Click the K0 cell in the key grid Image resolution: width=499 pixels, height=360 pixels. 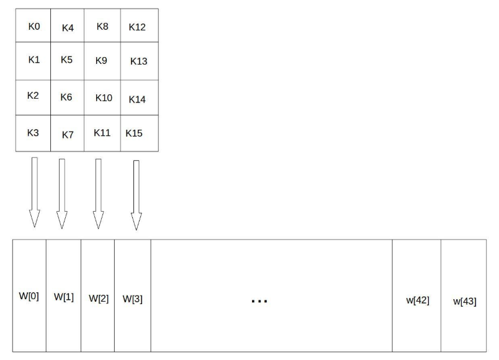(x=33, y=25)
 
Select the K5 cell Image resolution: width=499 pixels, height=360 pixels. (x=67, y=61)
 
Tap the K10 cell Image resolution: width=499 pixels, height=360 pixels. (x=102, y=97)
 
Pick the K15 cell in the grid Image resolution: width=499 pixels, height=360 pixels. (x=140, y=133)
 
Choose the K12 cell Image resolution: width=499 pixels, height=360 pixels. (x=140, y=25)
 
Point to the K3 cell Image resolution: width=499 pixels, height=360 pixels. (x=33, y=133)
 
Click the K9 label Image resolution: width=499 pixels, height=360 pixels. (x=101, y=60)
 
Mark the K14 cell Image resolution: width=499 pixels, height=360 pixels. (x=140, y=97)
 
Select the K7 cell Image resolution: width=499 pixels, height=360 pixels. (x=67, y=133)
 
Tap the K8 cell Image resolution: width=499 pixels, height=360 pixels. (x=102, y=25)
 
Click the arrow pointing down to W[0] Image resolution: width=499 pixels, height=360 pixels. (x=35, y=192)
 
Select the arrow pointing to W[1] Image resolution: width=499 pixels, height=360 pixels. (x=62, y=194)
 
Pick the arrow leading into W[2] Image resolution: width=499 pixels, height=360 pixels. (x=98, y=194)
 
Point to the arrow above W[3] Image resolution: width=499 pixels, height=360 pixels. (x=136, y=195)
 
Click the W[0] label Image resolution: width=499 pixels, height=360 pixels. (x=29, y=296)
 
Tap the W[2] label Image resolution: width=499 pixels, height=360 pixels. (x=99, y=299)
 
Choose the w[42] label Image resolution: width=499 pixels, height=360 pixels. (x=418, y=300)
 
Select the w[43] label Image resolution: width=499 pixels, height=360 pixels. (x=465, y=301)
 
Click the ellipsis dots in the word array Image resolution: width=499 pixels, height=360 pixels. (x=259, y=301)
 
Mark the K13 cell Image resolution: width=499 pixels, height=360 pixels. (x=140, y=61)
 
